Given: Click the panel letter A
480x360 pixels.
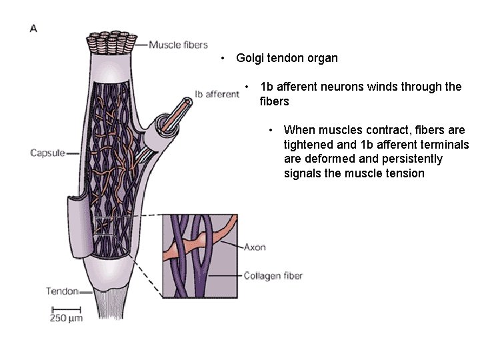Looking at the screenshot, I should [33, 28].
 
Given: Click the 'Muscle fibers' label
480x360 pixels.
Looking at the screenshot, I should [178, 45].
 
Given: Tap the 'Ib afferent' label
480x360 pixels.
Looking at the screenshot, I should [217, 94].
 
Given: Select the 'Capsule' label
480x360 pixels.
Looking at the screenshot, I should [47, 153].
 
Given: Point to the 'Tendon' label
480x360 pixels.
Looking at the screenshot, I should [61, 291].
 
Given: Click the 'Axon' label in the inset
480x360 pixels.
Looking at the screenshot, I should [254, 247].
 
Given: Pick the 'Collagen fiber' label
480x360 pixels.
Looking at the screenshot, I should [273, 275].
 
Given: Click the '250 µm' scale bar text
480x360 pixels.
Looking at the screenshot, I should [66, 318].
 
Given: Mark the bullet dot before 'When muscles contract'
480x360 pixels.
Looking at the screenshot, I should [271, 129].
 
